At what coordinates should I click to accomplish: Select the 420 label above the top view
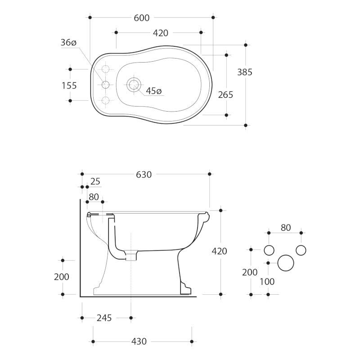tap(161, 33)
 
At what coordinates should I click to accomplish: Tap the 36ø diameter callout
tap(68, 43)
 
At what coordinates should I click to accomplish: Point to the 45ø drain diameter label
tap(153, 91)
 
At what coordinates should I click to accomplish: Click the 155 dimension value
tap(69, 85)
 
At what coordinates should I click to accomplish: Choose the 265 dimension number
tap(225, 94)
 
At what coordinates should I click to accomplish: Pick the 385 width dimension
tap(245, 72)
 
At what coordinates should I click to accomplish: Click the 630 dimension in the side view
tap(144, 175)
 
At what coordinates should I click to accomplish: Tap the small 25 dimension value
tap(95, 181)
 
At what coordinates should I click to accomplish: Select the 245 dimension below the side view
tap(104, 318)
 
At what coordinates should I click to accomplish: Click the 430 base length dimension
tap(139, 342)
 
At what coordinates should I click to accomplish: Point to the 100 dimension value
tap(267, 282)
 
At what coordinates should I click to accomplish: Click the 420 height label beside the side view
tap(220, 252)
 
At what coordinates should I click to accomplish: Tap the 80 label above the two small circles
tap(286, 228)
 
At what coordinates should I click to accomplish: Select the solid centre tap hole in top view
tap(106, 85)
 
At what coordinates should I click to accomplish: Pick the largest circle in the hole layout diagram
tap(285, 263)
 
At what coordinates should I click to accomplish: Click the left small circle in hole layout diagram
tap(269, 250)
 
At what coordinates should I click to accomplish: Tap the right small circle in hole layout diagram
tap(301, 250)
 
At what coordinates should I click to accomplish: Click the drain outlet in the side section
tap(130, 256)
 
